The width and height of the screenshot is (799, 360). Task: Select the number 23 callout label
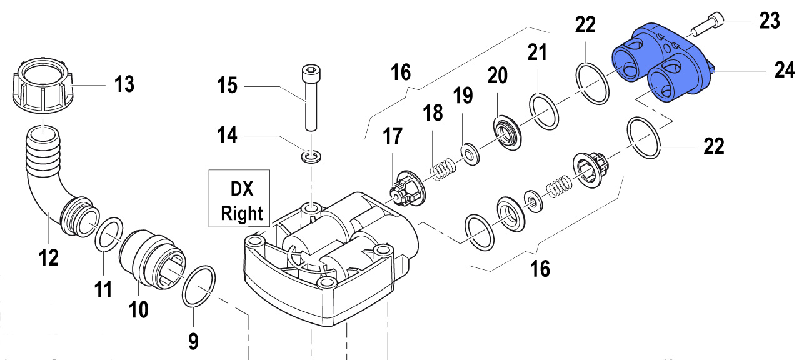point(770,21)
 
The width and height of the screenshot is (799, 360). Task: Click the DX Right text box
point(239,197)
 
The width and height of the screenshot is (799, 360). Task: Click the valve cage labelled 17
point(405,189)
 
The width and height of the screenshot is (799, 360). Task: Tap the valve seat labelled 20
point(506,133)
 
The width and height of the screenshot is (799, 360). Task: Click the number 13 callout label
point(125,84)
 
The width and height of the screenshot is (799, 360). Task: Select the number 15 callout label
point(227,84)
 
